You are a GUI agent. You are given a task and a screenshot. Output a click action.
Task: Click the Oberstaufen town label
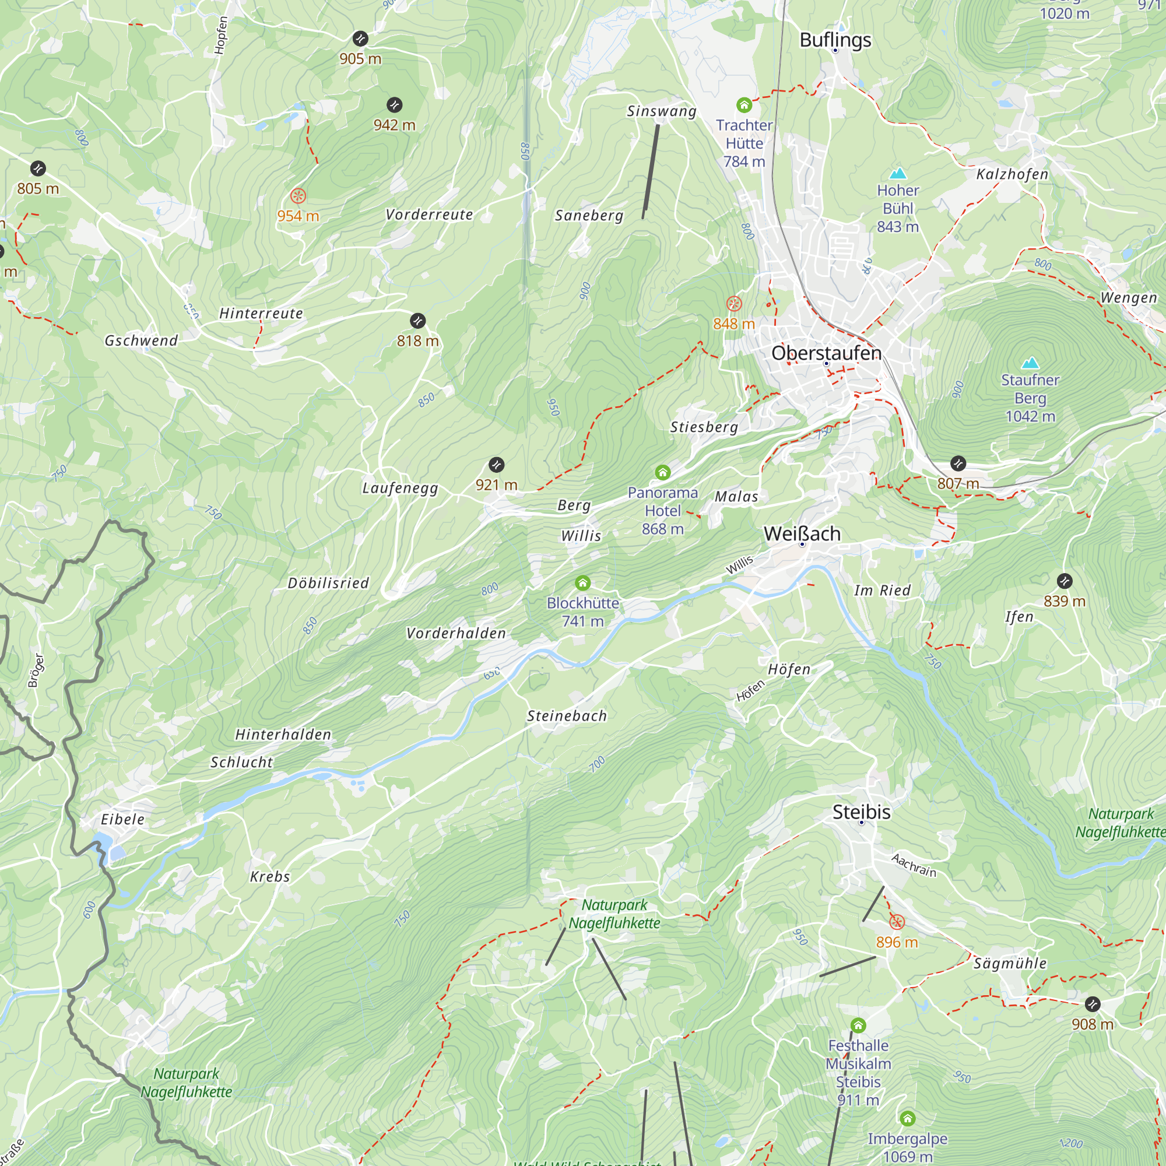(x=826, y=353)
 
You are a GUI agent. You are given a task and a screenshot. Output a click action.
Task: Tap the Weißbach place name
(x=802, y=533)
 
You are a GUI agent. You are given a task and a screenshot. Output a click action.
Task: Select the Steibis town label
(x=861, y=812)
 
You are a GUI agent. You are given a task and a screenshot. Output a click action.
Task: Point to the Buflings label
(x=835, y=40)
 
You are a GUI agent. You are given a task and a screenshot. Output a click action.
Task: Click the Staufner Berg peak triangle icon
(x=1030, y=363)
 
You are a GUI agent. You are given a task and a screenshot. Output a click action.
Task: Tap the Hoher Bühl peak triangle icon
(x=898, y=173)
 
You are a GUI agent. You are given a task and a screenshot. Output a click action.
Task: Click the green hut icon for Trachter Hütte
(x=744, y=105)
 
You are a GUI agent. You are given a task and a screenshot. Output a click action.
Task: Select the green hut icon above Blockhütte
(x=582, y=582)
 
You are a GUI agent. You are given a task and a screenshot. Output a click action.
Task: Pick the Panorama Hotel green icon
(x=663, y=472)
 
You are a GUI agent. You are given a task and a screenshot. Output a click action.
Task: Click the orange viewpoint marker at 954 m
(x=298, y=195)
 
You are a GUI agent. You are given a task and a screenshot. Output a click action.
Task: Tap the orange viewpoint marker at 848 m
(x=734, y=304)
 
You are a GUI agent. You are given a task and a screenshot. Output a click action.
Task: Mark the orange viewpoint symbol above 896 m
(x=897, y=922)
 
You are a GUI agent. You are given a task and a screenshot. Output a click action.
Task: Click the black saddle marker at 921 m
(x=496, y=465)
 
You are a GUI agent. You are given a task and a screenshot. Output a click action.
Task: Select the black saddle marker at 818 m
(x=417, y=321)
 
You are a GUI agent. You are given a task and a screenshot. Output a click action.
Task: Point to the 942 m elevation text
(x=394, y=125)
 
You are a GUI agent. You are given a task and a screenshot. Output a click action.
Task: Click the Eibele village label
(x=122, y=819)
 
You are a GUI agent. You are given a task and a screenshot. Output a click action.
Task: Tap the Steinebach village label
(x=567, y=716)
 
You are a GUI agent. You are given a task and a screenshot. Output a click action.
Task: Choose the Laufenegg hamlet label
(x=400, y=487)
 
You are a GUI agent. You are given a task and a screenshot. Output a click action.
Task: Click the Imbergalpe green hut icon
(x=908, y=1118)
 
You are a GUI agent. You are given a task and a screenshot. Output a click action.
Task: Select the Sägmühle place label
(x=1010, y=963)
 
